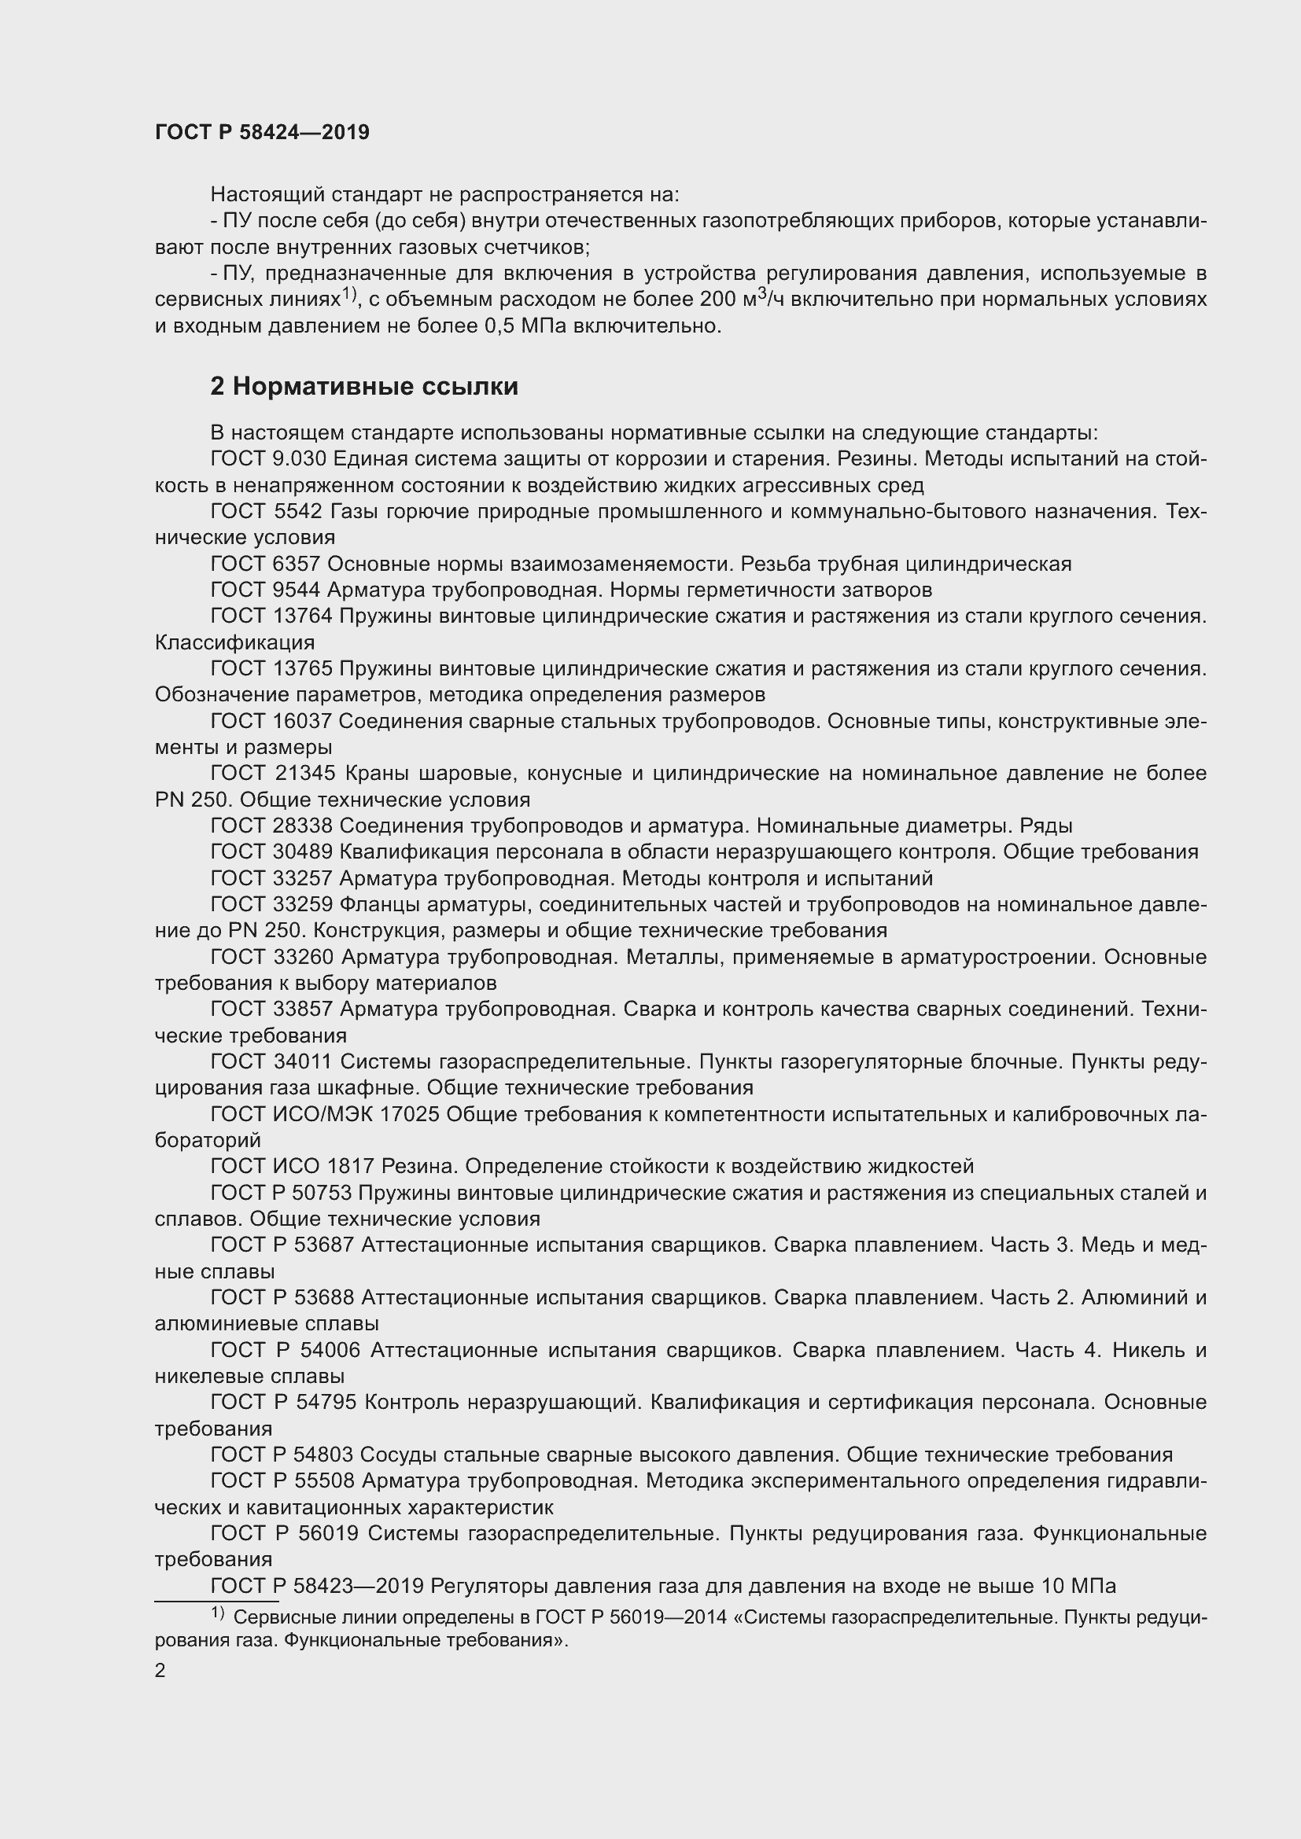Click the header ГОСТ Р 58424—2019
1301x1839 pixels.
coord(262,132)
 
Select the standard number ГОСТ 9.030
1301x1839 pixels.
coord(267,459)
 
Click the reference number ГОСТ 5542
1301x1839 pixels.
coord(264,511)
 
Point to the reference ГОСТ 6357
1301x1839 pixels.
coord(264,564)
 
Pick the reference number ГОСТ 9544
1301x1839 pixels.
coord(264,590)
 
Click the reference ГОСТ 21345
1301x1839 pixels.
coord(270,774)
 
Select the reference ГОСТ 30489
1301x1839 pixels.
coord(270,852)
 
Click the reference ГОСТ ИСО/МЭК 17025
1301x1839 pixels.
coord(324,1114)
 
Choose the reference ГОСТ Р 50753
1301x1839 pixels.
coord(280,1194)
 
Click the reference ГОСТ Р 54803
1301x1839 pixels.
coord(280,1455)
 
